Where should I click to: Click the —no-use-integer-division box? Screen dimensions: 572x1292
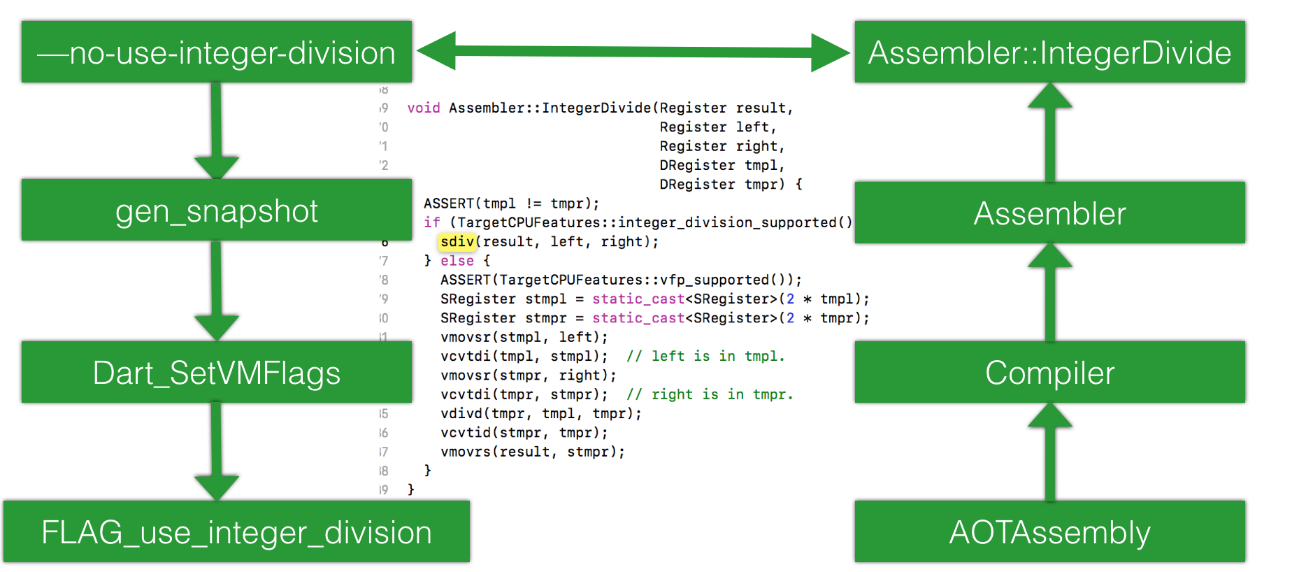point(217,52)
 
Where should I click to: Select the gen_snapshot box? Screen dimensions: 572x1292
point(217,210)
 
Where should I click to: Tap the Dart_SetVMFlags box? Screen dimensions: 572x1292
point(217,372)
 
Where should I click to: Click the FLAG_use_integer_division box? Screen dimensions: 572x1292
point(236,531)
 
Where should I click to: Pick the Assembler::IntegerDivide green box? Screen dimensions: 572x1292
point(1049,52)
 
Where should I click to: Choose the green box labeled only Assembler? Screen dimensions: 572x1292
point(1049,213)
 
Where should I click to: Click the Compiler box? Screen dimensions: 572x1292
point(1049,372)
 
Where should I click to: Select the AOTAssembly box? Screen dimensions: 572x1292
point(1049,531)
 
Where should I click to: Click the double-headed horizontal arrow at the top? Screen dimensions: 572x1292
point(633,51)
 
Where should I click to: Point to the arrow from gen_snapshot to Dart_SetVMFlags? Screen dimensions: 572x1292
point(217,290)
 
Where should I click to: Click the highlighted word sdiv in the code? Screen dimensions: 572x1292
point(458,242)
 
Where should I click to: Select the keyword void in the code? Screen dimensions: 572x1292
point(424,108)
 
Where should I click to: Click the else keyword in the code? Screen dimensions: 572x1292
point(457,261)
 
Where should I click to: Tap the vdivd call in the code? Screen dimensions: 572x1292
point(466,414)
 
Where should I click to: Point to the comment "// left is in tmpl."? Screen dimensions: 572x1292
point(705,357)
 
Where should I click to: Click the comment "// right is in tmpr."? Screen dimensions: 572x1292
point(710,395)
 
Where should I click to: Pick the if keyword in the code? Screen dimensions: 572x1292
point(432,222)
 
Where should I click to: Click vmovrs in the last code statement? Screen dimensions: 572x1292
point(466,452)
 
